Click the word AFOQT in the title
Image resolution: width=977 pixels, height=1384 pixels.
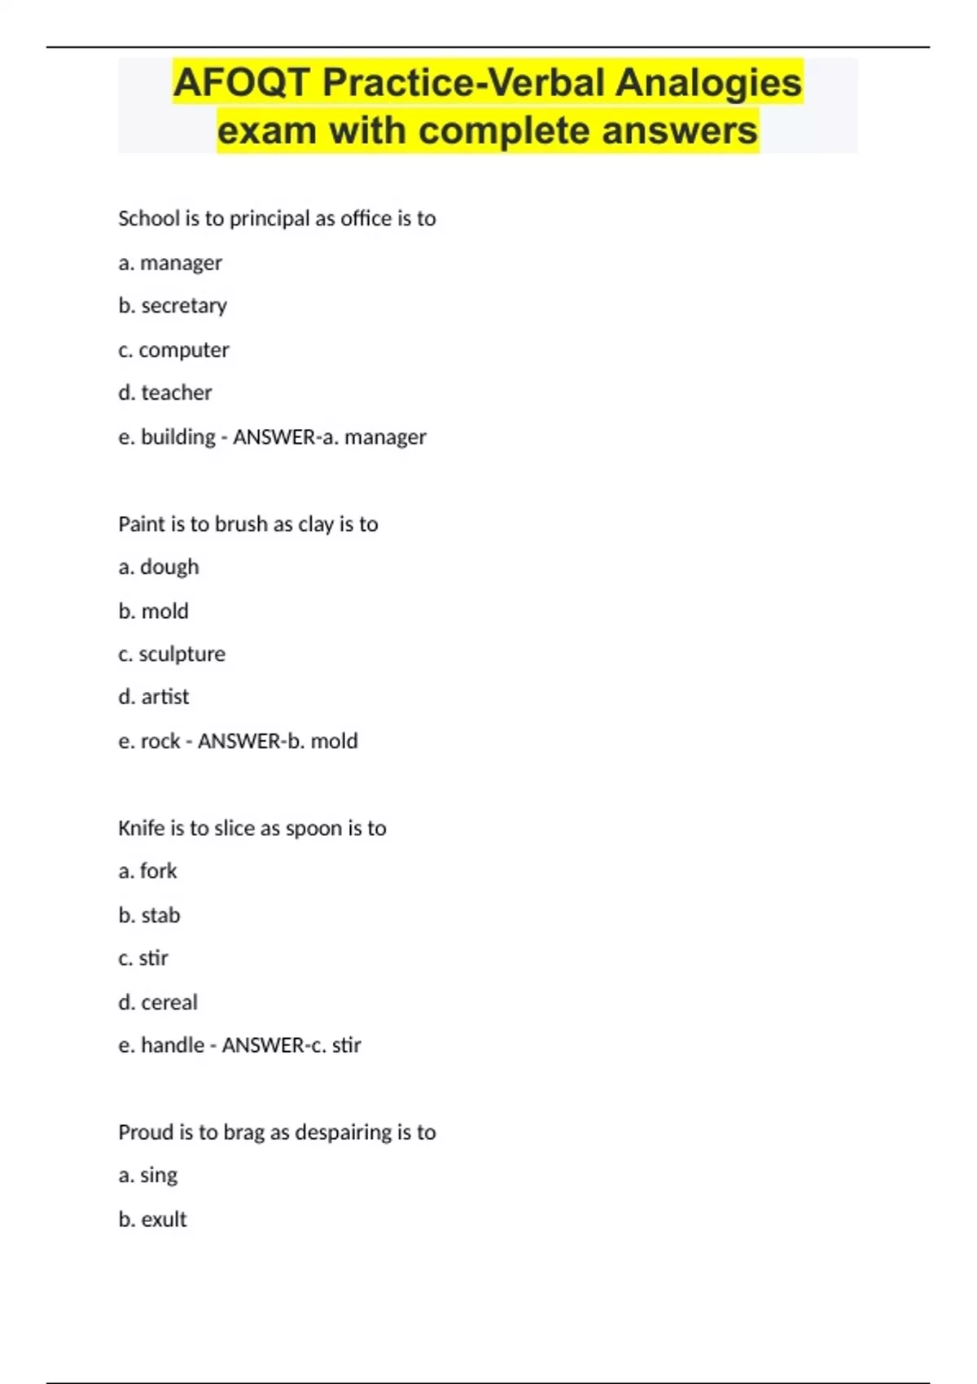(x=241, y=83)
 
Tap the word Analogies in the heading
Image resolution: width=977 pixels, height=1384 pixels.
(x=708, y=83)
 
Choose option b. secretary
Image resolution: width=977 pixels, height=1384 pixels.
(x=173, y=306)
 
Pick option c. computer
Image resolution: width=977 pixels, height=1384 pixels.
(x=173, y=350)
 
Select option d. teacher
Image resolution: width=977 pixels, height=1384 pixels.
(x=165, y=393)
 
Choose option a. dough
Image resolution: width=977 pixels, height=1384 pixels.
(x=159, y=567)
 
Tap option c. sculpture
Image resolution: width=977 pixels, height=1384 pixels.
(x=172, y=655)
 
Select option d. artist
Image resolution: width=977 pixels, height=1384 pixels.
(x=154, y=698)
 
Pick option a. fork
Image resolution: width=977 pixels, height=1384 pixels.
(x=147, y=872)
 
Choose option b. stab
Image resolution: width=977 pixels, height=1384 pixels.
(x=149, y=916)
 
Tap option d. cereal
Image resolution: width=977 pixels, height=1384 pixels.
(x=158, y=1003)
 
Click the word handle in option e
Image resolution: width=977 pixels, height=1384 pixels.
(x=173, y=1045)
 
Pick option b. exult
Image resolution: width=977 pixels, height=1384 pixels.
(x=152, y=1220)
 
